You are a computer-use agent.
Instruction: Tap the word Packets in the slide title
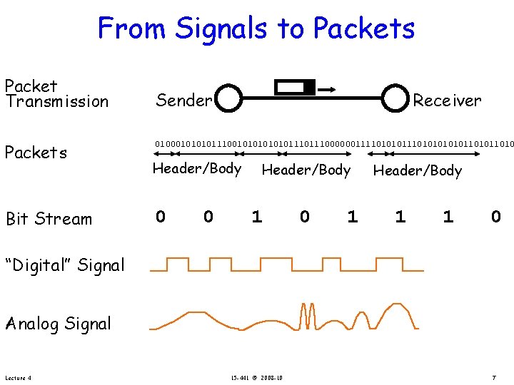point(363,29)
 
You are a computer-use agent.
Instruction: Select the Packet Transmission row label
point(56,93)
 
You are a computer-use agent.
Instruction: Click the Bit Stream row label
point(49,219)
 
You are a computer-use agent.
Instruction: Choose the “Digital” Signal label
point(64,265)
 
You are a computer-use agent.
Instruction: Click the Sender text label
point(183,101)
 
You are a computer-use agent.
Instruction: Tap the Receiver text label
point(448,101)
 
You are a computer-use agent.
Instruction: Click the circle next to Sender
point(229,100)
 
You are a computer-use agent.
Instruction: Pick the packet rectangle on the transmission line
point(296,88)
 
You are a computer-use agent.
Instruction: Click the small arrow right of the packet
point(328,89)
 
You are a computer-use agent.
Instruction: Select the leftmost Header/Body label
point(197,168)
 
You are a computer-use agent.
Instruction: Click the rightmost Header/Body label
point(418,170)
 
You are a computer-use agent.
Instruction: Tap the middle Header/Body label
point(306,170)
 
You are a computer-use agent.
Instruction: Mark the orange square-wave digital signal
point(286,263)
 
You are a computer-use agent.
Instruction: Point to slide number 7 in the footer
point(493,377)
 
